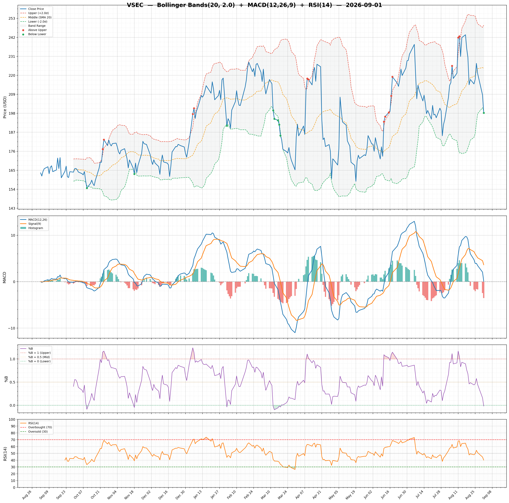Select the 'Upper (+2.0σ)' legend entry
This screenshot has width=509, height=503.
38,13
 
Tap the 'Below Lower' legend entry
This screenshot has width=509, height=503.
37,34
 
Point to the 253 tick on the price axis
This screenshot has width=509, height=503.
12,19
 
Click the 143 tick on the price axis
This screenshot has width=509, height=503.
12,208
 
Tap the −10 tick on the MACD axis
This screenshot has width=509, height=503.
11,328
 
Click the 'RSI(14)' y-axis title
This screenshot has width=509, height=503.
5,453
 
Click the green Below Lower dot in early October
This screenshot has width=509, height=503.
87,188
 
